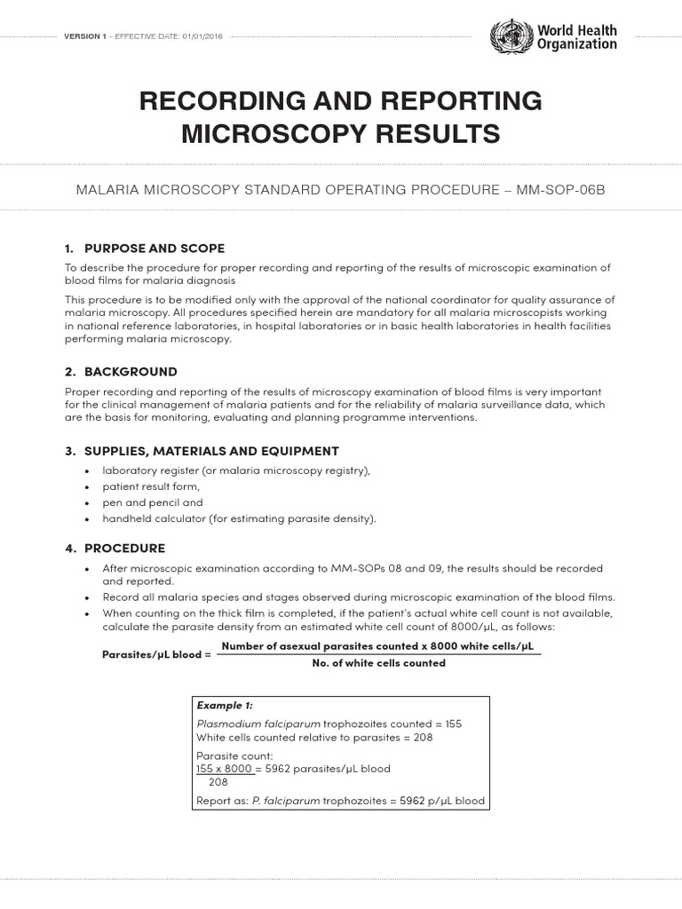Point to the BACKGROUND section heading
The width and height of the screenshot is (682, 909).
[131, 371]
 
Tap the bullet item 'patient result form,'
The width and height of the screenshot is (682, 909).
[151, 486]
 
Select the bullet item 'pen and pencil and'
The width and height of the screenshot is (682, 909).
[153, 502]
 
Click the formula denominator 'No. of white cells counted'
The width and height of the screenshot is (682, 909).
[379, 663]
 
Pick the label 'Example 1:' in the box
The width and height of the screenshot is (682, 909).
[225, 706]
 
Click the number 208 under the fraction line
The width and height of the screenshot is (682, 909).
[218, 782]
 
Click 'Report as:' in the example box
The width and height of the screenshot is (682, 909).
[222, 801]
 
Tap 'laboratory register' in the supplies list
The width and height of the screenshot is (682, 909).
[155, 470]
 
